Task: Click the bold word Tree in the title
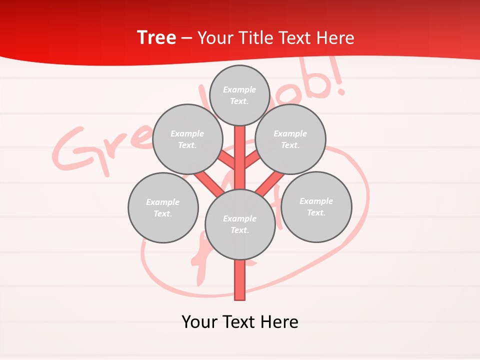coord(156,37)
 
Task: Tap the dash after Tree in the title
coord(186,38)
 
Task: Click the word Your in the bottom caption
coord(200,321)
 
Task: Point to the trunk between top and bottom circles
coord(239,160)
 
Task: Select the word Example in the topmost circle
coord(239,89)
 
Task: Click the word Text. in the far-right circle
coord(316,212)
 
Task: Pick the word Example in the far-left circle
coord(163,202)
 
